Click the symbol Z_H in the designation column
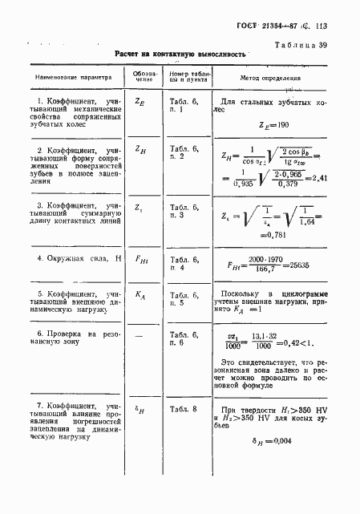coord(141,150)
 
